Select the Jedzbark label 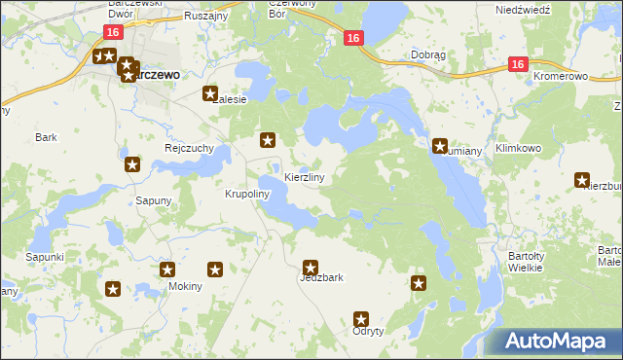click(321, 277)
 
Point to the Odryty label click(369, 331)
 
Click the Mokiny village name click(185, 286)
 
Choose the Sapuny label click(153, 200)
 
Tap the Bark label click(46, 137)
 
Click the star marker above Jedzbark click(311, 267)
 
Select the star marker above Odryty click(361, 318)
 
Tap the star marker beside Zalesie click(209, 94)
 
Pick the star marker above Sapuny click(132, 165)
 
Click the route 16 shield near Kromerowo click(517, 64)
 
